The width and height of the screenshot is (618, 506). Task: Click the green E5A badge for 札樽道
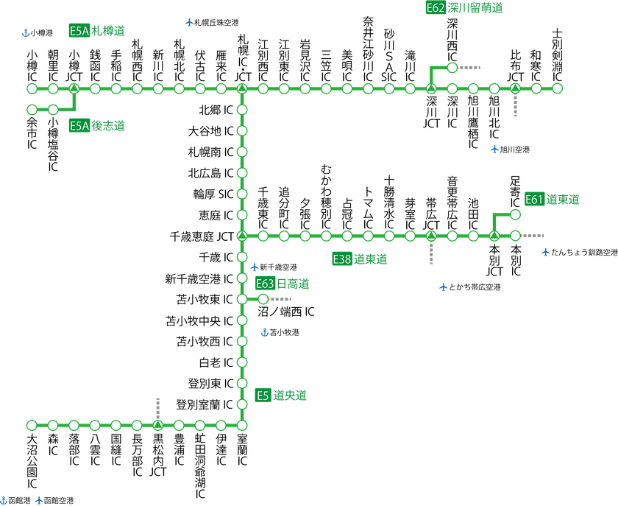79,30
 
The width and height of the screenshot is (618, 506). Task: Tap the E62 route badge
436,7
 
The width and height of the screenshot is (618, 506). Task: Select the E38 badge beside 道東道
341,259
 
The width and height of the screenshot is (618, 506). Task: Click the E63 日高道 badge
265,284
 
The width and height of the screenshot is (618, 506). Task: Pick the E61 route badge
534,200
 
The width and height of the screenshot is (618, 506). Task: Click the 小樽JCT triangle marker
74,88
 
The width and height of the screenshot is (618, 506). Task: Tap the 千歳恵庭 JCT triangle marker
242,236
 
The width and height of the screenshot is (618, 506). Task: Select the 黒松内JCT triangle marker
157,425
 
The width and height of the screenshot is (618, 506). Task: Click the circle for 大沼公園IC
32,425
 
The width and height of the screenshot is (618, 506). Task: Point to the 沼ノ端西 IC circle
263,299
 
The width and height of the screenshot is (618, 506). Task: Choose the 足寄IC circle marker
515,215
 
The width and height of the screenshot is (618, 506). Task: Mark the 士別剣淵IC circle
557,88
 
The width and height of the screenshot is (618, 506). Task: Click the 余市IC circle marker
32,109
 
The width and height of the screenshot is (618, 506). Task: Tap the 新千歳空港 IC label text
199,279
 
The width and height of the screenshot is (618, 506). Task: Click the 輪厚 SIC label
213,194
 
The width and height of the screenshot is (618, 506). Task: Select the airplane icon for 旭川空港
494,150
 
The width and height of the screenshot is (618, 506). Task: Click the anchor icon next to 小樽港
26,32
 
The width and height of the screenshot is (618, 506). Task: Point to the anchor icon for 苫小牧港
265,332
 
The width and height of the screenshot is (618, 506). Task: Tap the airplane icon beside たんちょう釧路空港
545,252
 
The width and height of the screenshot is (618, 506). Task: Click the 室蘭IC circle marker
242,425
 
